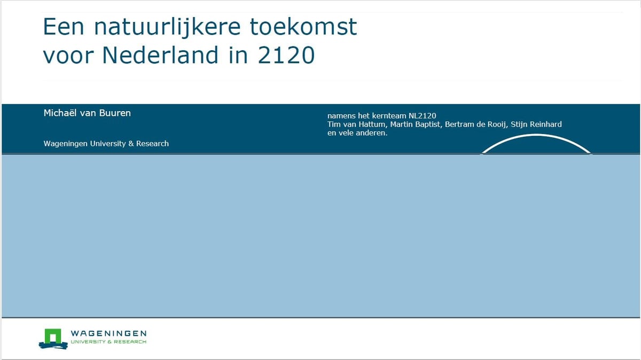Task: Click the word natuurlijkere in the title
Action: pos(167,27)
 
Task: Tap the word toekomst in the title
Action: pos(303,27)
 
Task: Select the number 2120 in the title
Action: pos(286,55)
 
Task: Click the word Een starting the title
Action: pos(64,27)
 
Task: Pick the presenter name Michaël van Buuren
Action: pos(87,113)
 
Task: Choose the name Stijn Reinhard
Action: pos(536,124)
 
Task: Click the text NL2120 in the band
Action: pos(422,116)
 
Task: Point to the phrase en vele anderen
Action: pos(357,133)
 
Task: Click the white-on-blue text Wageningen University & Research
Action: pos(106,144)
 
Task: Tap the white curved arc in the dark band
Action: pos(536,135)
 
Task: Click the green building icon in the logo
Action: pos(53,338)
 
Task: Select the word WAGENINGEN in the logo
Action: pos(109,333)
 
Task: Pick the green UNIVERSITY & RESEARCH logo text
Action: pos(109,342)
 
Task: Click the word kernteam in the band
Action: pos(389,116)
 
